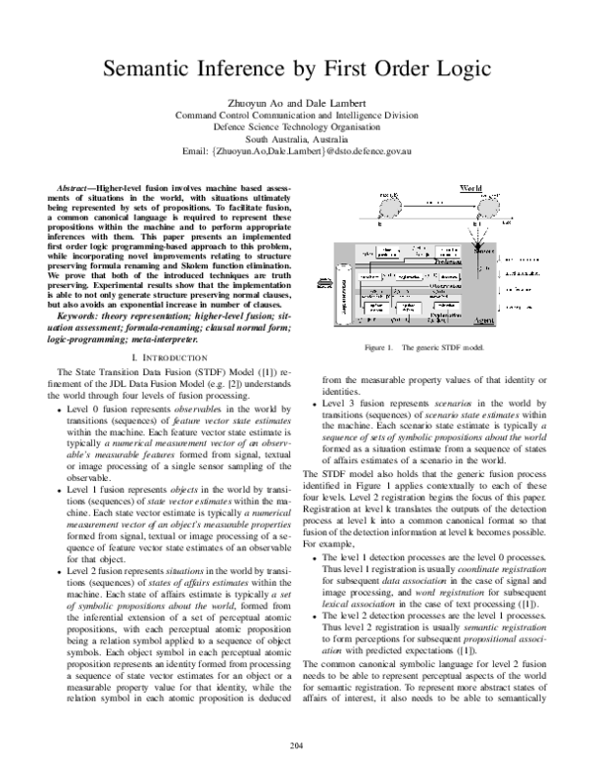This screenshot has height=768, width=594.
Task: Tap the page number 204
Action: tap(297, 744)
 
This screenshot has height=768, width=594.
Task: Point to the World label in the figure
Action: tap(471, 187)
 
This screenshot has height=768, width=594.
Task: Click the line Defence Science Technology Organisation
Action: tap(297, 126)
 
